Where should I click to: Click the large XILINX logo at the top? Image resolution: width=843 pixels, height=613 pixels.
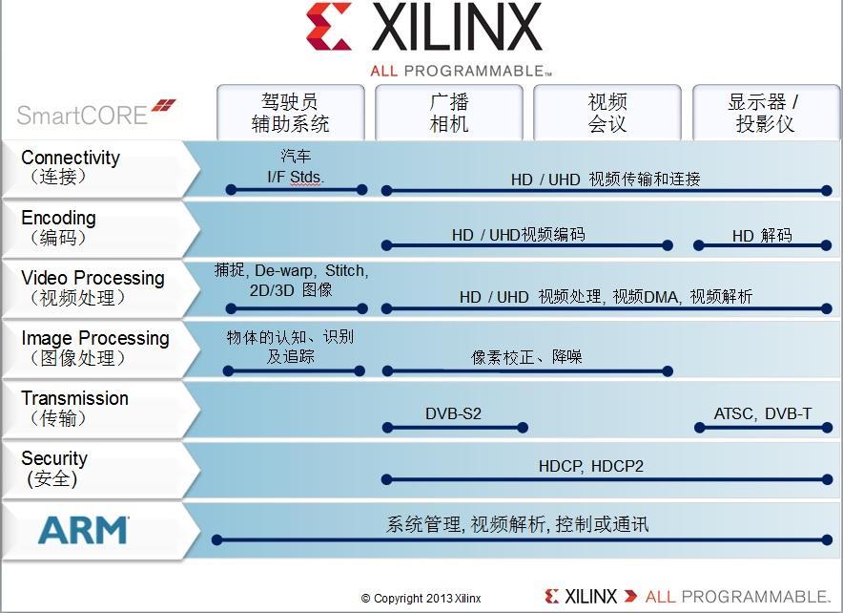coord(423,29)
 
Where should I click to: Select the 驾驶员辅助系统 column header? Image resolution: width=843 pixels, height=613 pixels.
coord(290,113)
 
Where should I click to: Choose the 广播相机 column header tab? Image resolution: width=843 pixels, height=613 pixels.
coord(448,113)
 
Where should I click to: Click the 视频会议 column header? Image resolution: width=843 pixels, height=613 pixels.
coord(607,113)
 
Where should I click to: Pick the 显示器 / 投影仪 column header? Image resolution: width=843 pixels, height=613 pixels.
coord(764,113)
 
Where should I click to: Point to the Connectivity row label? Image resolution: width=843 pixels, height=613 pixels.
coord(71,166)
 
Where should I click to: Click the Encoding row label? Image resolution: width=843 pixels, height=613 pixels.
coord(59,227)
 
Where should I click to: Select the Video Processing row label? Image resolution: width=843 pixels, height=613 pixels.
coord(93,286)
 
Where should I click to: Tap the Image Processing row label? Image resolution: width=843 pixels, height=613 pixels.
coord(95,347)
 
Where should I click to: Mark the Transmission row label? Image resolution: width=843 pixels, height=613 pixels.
coord(74,407)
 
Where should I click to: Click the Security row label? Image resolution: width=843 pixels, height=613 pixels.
coord(54,467)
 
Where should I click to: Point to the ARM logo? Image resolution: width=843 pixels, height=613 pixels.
coord(83,529)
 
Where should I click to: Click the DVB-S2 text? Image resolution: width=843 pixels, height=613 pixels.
coord(453,413)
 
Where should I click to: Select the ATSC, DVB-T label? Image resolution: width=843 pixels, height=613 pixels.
coord(763,413)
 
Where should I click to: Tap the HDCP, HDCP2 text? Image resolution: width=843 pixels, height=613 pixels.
coord(591,466)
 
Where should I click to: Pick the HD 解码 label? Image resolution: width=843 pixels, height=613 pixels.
coord(762,235)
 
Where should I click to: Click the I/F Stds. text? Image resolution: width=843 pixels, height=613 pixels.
coord(296,177)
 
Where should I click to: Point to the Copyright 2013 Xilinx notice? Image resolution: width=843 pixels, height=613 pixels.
coord(421,599)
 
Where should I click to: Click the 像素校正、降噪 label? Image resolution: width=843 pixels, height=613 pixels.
coord(526,357)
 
